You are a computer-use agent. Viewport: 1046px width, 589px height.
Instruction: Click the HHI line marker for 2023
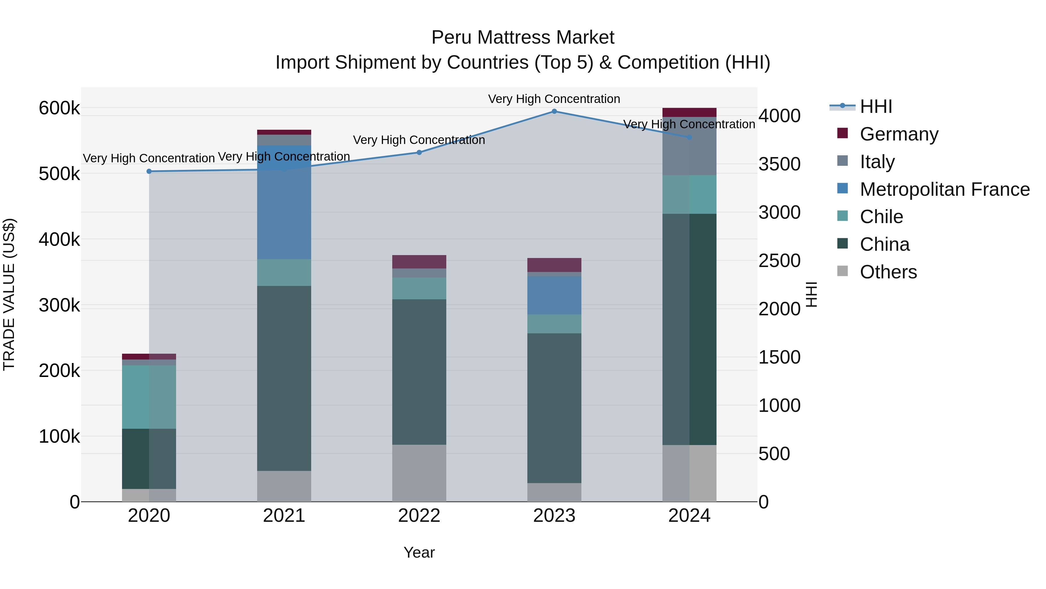tap(554, 111)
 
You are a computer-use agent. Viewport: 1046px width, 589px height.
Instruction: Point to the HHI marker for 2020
tap(149, 172)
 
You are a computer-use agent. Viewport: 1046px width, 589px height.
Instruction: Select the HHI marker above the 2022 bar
tap(419, 152)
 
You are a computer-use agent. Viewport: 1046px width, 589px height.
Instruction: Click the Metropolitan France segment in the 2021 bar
tap(284, 202)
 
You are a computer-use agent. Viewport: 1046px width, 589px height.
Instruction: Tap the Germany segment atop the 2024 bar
tap(689, 113)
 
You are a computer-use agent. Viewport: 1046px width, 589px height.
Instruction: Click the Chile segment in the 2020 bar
tap(149, 397)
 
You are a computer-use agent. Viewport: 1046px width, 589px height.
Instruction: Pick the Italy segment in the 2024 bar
tap(689, 146)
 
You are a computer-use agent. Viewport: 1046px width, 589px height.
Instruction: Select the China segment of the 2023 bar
tap(554, 408)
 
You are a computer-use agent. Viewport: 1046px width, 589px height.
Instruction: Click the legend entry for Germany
tap(899, 134)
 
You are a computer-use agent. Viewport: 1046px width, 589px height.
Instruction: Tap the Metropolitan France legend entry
tap(945, 189)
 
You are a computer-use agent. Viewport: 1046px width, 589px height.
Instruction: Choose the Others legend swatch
tap(843, 271)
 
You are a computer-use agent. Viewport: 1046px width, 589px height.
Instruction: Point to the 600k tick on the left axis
tap(59, 108)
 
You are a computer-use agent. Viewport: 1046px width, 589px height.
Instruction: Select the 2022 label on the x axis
tap(419, 516)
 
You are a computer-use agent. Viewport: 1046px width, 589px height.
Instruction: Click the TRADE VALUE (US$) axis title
tap(9, 294)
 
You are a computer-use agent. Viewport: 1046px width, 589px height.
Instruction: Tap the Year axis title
tap(419, 552)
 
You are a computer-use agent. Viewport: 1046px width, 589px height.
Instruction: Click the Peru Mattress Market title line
tap(523, 38)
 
